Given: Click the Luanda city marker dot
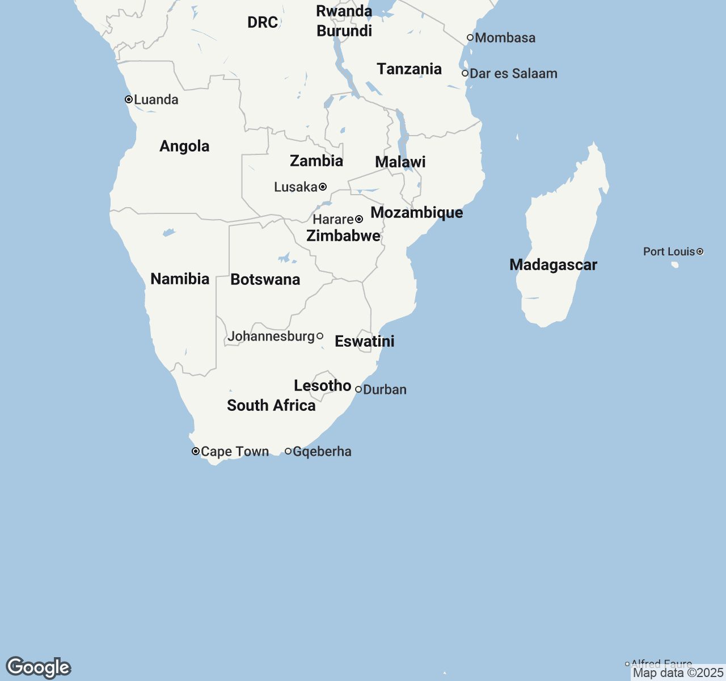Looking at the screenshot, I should (129, 99).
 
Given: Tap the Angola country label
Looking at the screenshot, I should (184, 146).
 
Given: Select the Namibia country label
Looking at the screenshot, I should (180, 279).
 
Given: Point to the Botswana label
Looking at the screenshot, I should (265, 280).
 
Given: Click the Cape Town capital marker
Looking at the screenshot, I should (196, 452).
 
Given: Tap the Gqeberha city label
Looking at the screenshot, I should (322, 452).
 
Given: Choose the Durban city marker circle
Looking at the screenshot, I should (358, 389).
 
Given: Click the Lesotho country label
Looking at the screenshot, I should (322, 386).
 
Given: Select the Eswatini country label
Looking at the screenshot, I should (364, 342).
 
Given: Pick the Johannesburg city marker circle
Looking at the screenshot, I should (320, 337).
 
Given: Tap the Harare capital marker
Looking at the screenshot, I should (359, 219).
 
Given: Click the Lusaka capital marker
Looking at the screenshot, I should (323, 187).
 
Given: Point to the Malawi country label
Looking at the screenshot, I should (400, 162).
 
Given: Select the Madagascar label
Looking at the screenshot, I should (553, 265).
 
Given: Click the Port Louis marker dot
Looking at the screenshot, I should (700, 251).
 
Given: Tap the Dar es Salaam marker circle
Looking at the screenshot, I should (465, 73).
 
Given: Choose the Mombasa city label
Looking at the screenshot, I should (505, 38).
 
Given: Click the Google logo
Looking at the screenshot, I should (38, 667).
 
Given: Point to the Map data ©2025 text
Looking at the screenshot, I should (678, 673).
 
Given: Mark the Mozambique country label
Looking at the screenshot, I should (416, 213).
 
